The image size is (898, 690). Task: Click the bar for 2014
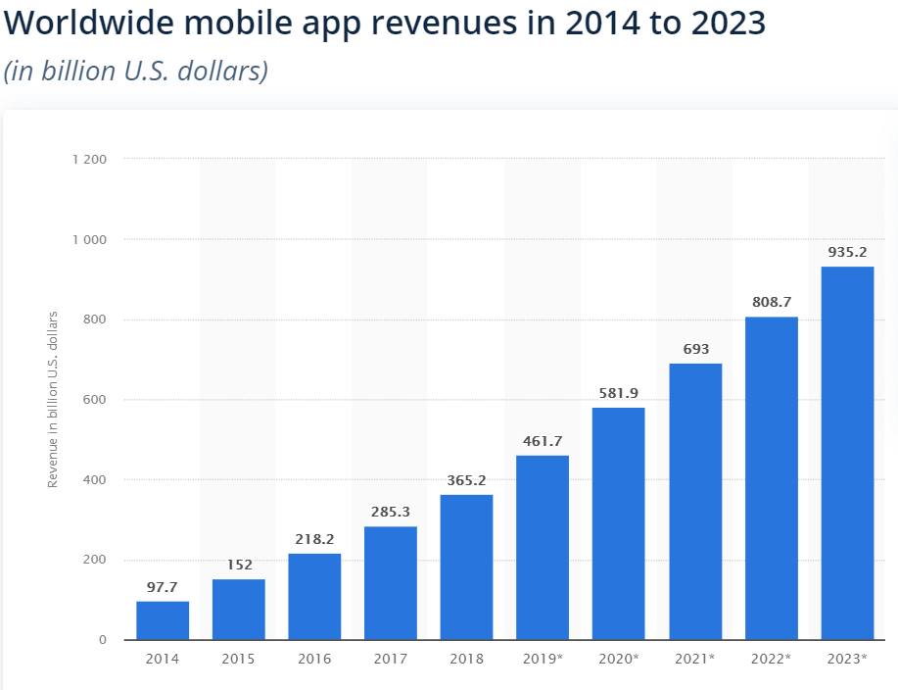163,620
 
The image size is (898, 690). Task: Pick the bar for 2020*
618,523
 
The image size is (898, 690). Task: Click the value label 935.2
847,252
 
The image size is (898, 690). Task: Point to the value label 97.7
163,586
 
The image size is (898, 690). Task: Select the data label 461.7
543,440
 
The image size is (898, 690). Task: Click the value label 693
695,349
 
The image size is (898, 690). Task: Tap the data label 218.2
314,538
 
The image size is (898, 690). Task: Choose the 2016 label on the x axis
314,659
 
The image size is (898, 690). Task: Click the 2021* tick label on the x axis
695,659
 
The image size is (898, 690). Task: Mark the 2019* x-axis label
543,659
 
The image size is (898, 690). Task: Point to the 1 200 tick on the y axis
89,159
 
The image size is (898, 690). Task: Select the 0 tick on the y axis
103,640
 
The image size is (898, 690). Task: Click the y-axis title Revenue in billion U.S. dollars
54,399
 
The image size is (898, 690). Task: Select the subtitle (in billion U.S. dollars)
136,72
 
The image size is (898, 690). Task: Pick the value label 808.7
771,302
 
